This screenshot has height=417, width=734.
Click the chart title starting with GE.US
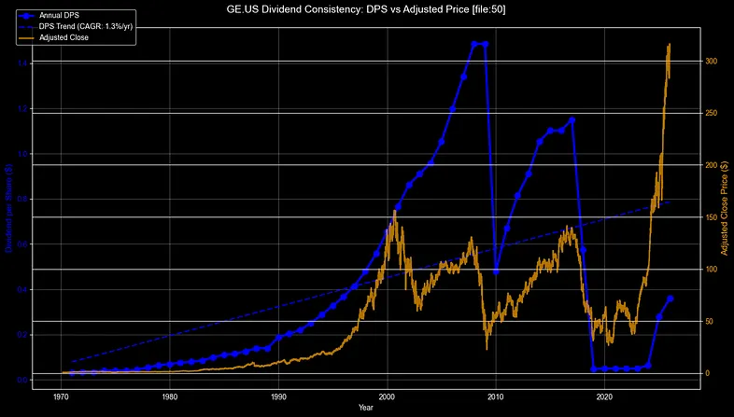tap(367, 8)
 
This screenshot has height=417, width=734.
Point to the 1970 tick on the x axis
tap(61, 395)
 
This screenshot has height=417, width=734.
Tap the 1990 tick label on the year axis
tap(278, 395)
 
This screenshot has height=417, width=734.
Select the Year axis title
tap(367, 408)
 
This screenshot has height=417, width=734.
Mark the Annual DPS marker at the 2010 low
tap(496, 271)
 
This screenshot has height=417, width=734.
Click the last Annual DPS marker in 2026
tap(670, 299)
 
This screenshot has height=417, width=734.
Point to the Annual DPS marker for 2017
tap(572, 120)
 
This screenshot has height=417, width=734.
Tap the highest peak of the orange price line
tap(669, 44)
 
